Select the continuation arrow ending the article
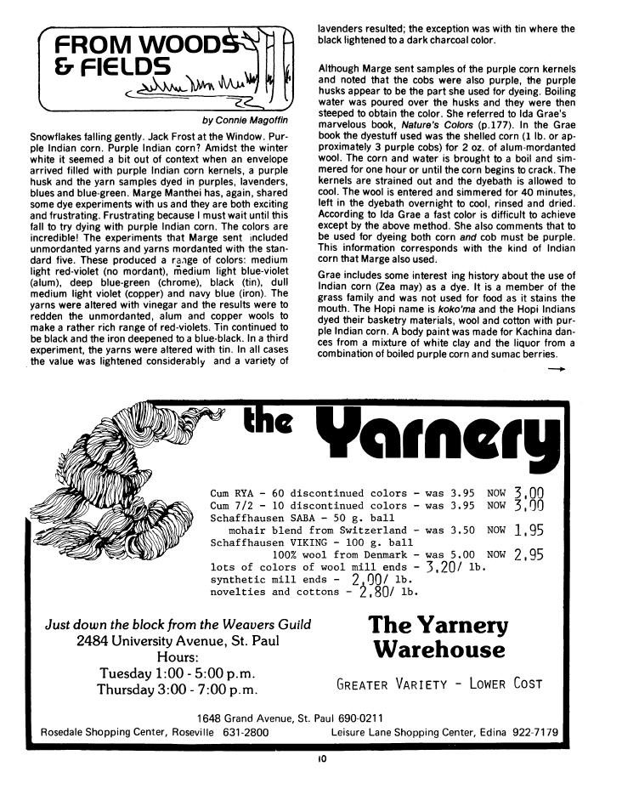click(x=557, y=370)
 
